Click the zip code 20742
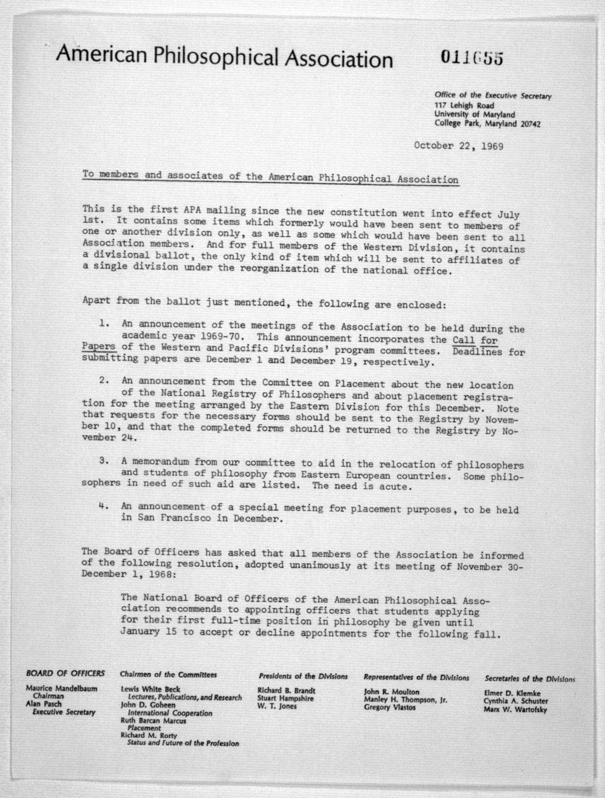[x=530, y=124]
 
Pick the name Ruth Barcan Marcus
[x=153, y=721]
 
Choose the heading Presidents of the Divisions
[x=303, y=676]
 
